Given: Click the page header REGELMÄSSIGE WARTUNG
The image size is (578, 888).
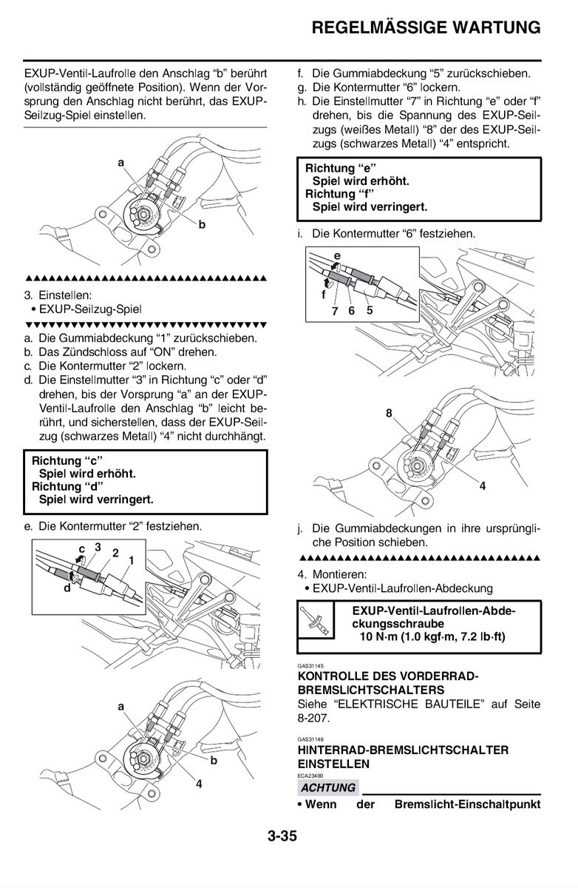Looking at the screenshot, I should click(426, 28).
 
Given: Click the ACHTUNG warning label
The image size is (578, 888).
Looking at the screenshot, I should click(328, 787).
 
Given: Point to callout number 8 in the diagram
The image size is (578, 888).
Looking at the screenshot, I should click(389, 414).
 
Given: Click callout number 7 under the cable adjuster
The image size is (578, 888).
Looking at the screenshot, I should click(335, 311).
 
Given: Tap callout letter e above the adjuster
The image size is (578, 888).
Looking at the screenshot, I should click(337, 256).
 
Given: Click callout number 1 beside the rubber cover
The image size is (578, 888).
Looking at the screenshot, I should click(131, 560).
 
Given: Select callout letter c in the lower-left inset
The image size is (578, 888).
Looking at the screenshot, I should click(82, 548).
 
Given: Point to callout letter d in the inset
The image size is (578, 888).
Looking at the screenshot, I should click(67, 589).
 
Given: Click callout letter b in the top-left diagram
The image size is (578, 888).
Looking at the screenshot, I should click(201, 225).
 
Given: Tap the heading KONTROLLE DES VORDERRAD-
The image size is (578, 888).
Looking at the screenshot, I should click(388, 676).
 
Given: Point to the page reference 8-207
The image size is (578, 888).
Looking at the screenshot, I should click(313, 718).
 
